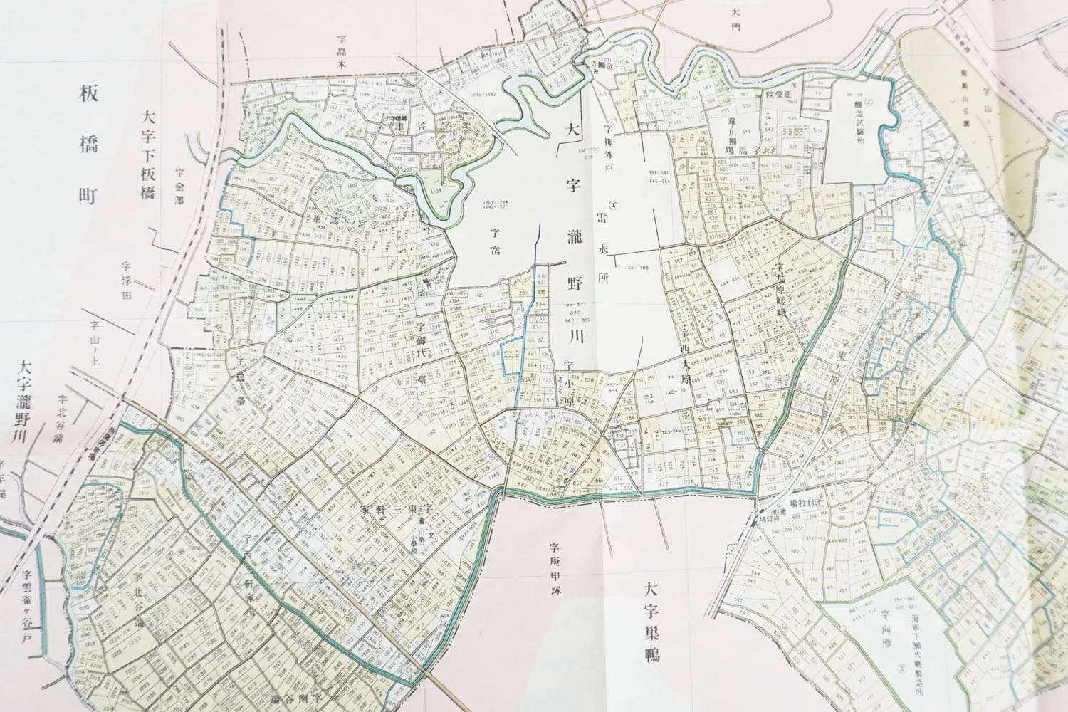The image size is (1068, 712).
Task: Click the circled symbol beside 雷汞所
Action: click(x=612, y=206)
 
